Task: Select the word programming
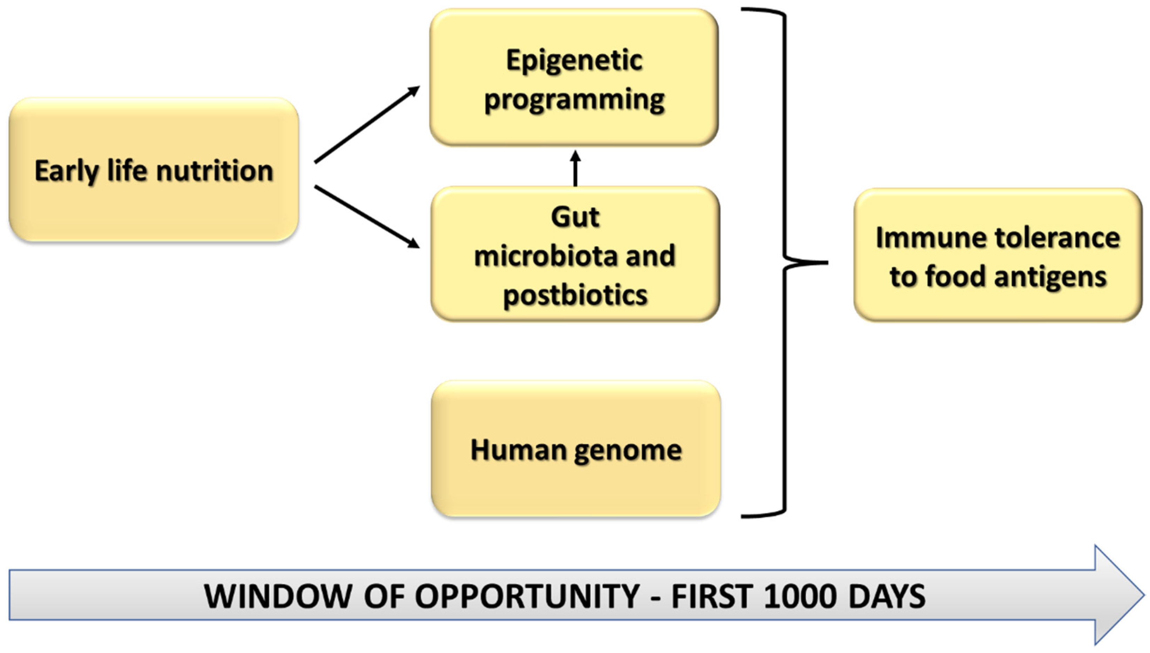pos(574,100)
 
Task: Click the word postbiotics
pos(575,295)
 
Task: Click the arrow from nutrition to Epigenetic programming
pos(367,125)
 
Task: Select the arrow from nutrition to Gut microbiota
pos(367,217)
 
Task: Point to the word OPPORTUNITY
pos(527,597)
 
